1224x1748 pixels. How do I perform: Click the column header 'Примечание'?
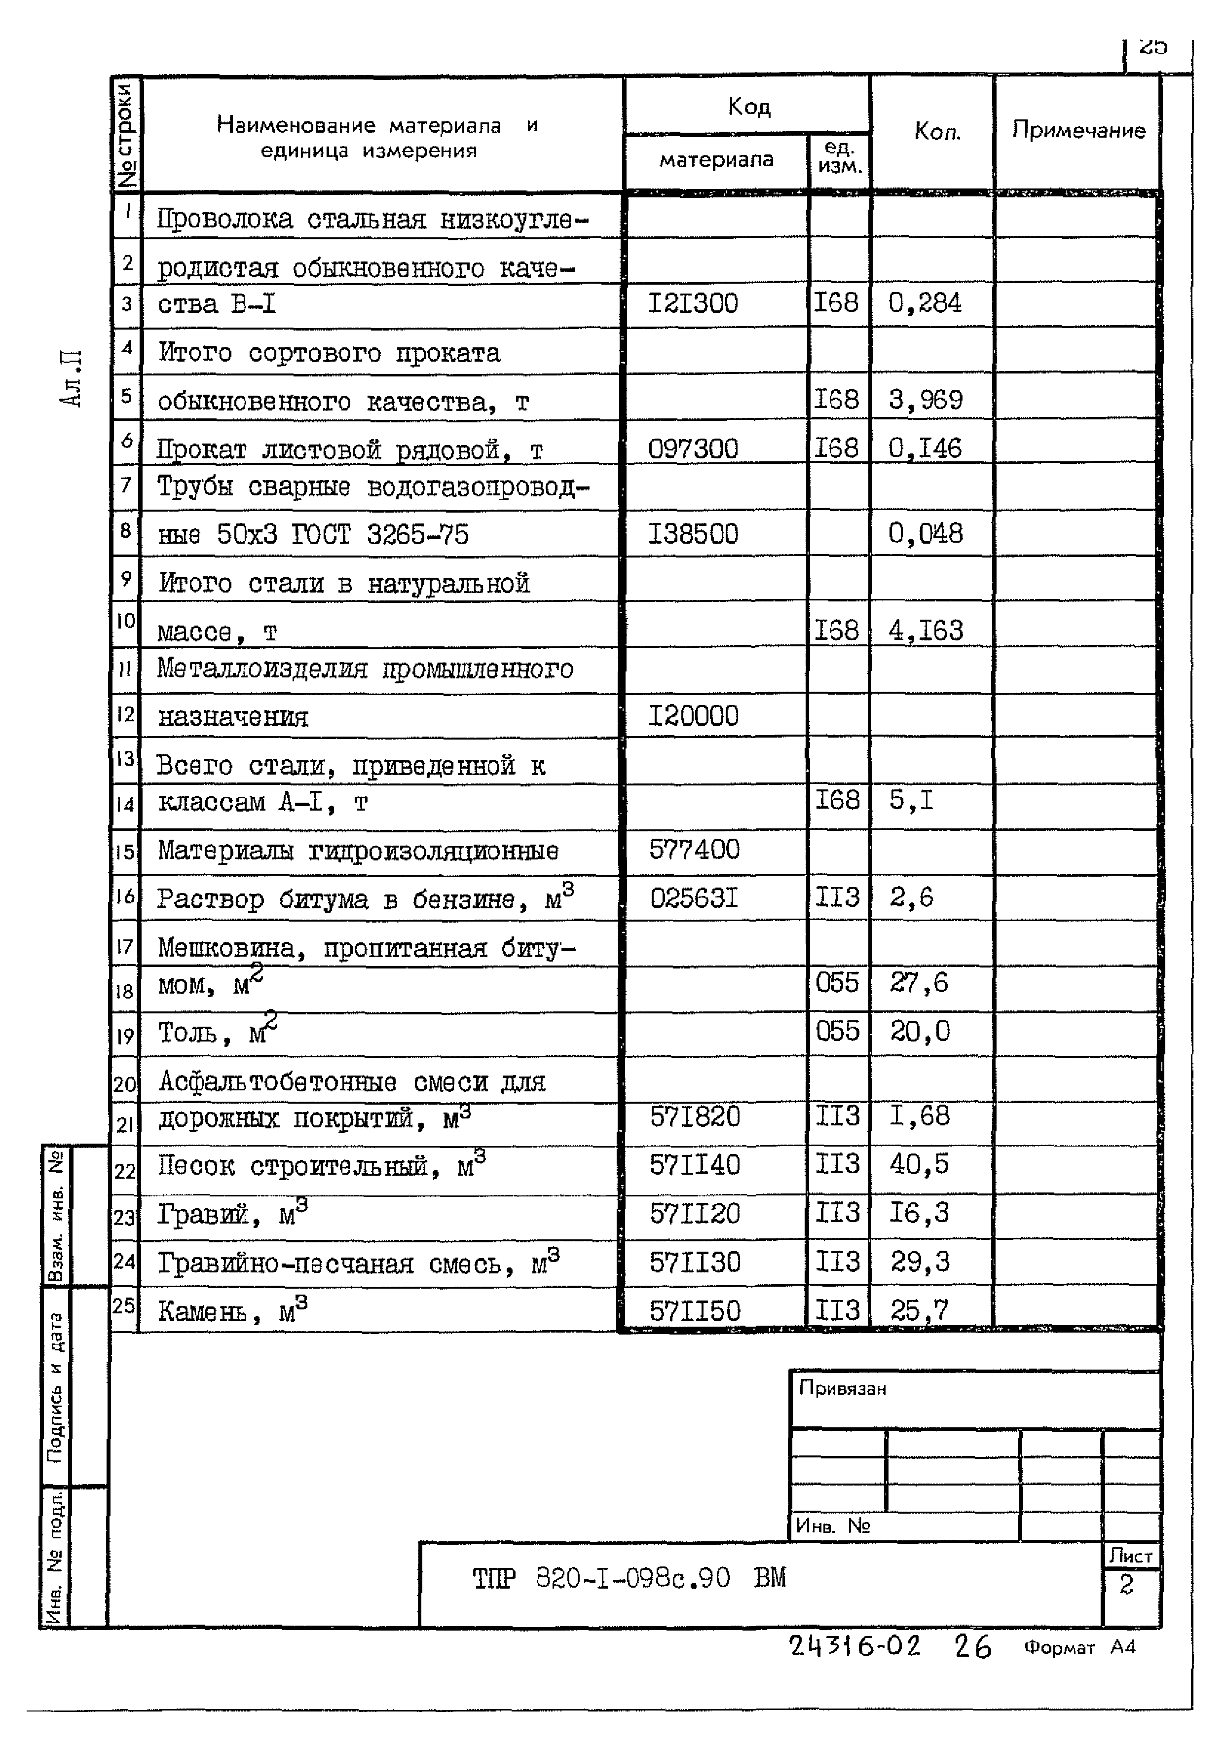pyautogui.click(x=1078, y=130)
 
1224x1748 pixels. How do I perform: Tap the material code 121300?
pyautogui.click(x=693, y=304)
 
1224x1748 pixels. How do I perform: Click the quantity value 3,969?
pyautogui.click(x=926, y=400)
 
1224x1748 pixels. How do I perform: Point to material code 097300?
pyautogui.click(x=693, y=448)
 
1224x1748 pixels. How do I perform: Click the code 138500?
pyautogui.click(x=693, y=534)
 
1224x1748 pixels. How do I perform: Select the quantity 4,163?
pyautogui.click(x=926, y=631)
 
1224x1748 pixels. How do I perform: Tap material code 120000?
pyautogui.click(x=693, y=716)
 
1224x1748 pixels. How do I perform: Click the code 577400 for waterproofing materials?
pyautogui.click(x=694, y=849)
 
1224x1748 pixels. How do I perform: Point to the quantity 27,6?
pyautogui.click(x=919, y=982)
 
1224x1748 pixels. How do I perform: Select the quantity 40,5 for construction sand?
pyautogui.click(x=919, y=1164)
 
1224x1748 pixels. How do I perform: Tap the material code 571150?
pyautogui.click(x=694, y=1310)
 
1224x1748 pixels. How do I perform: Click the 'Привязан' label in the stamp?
pyautogui.click(x=842, y=1388)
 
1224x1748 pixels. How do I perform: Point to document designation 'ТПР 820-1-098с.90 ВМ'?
pyautogui.click(x=629, y=1577)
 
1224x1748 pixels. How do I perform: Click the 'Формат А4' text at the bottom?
pyautogui.click(x=1079, y=1647)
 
